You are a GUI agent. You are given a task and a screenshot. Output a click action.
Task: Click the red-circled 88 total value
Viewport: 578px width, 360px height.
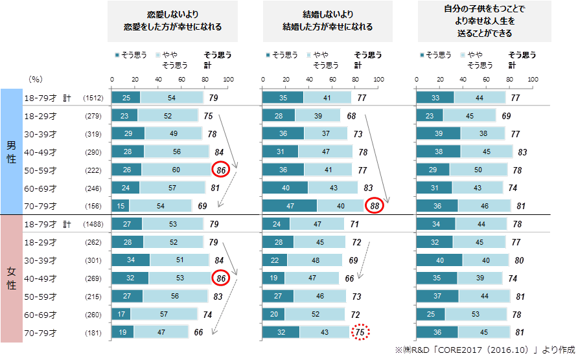(x=374, y=207)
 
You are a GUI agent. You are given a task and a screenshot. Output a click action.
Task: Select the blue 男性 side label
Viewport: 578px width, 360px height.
(x=11, y=152)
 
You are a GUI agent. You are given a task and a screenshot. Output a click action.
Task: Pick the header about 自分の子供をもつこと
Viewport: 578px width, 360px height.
(x=485, y=21)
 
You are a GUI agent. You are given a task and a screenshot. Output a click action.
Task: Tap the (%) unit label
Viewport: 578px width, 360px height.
(x=36, y=79)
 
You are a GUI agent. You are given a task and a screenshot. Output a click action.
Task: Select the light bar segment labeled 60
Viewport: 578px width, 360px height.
(x=177, y=170)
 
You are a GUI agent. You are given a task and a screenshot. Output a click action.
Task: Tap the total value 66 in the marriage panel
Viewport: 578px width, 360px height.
(x=350, y=279)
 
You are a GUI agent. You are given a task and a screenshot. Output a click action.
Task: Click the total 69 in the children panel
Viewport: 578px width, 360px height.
(x=507, y=117)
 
